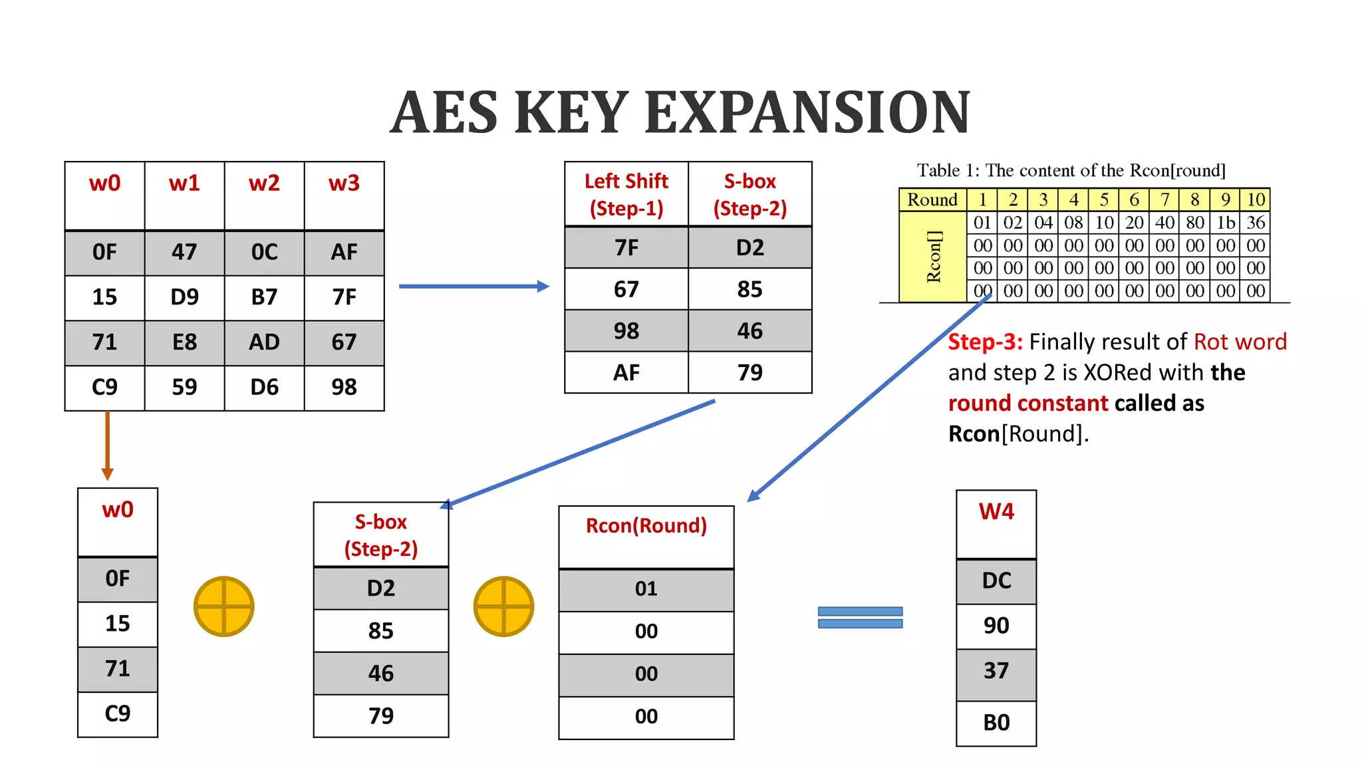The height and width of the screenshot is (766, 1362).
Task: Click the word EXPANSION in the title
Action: coord(807,112)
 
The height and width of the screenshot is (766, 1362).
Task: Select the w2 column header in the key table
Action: coord(264,184)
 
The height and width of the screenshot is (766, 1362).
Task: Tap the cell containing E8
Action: coord(184,342)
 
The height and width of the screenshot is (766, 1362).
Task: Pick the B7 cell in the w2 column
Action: coord(264,297)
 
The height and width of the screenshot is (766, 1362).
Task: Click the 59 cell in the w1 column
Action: coord(184,387)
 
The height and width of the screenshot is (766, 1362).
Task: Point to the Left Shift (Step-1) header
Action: coord(626,194)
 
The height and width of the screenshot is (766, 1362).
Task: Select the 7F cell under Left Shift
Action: coord(626,248)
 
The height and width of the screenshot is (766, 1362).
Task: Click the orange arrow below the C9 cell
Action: coord(107,446)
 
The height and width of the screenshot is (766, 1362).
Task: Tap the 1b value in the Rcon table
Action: coord(1225,223)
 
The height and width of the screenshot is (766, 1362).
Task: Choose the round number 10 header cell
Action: coord(1255,199)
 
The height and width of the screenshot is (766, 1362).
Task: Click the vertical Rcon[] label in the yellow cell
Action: coord(934,257)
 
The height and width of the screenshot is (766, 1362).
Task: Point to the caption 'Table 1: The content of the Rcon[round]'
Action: coord(1071,171)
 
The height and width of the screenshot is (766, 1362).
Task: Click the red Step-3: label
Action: coord(985,342)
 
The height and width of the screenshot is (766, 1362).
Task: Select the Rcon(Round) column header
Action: coord(646,526)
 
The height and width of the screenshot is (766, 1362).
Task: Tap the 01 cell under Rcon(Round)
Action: coord(646,589)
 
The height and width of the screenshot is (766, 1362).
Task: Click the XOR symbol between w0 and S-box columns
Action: coord(224,606)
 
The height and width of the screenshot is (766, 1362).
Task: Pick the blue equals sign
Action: coord(860,617)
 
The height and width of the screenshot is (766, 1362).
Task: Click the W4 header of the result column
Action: coord(996,512)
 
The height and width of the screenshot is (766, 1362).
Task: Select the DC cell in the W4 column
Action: coord(996,581)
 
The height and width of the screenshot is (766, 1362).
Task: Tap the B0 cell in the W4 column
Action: coord(996,723)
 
